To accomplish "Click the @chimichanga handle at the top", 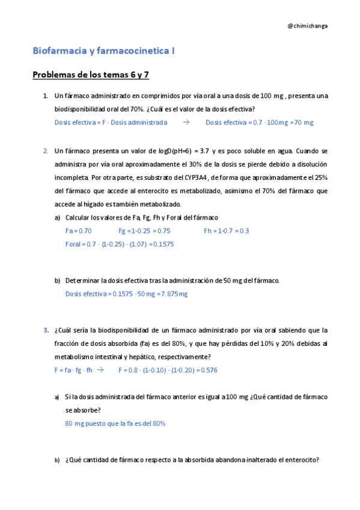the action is coord(308,26).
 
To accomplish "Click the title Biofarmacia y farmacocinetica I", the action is coord(103,52).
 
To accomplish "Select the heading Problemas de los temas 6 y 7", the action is coord(91,75).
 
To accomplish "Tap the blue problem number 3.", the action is coord(45,330).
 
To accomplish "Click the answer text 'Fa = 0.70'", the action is coord(78,231).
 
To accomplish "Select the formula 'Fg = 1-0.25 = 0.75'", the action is coord(144,231).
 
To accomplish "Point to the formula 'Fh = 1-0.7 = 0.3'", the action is coord(227,231).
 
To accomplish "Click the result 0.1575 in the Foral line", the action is coord(162,244).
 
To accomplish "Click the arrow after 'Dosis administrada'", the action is coord(186,122).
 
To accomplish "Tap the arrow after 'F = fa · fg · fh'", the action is coord(100,370).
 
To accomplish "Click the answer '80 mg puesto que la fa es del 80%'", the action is coord(115,423).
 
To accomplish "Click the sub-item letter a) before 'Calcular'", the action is coord(58,218).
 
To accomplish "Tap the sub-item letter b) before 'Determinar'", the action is coord(58,280).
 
